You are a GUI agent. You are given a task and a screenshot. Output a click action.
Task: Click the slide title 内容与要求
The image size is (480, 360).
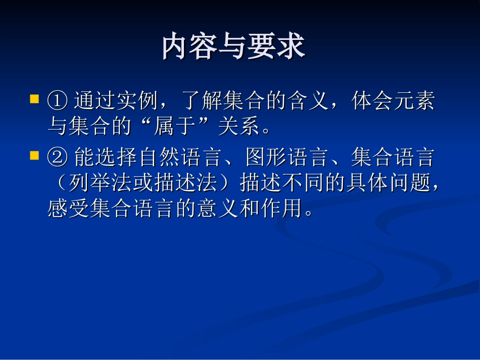click(x=233, y=47)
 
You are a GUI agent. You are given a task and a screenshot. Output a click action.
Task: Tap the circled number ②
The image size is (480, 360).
click(x=58, y=158)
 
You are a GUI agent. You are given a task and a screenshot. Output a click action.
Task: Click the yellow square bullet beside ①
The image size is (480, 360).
click(x=34, y=98)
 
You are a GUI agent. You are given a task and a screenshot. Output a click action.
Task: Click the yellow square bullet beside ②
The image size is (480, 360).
click(x=34, y=155)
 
